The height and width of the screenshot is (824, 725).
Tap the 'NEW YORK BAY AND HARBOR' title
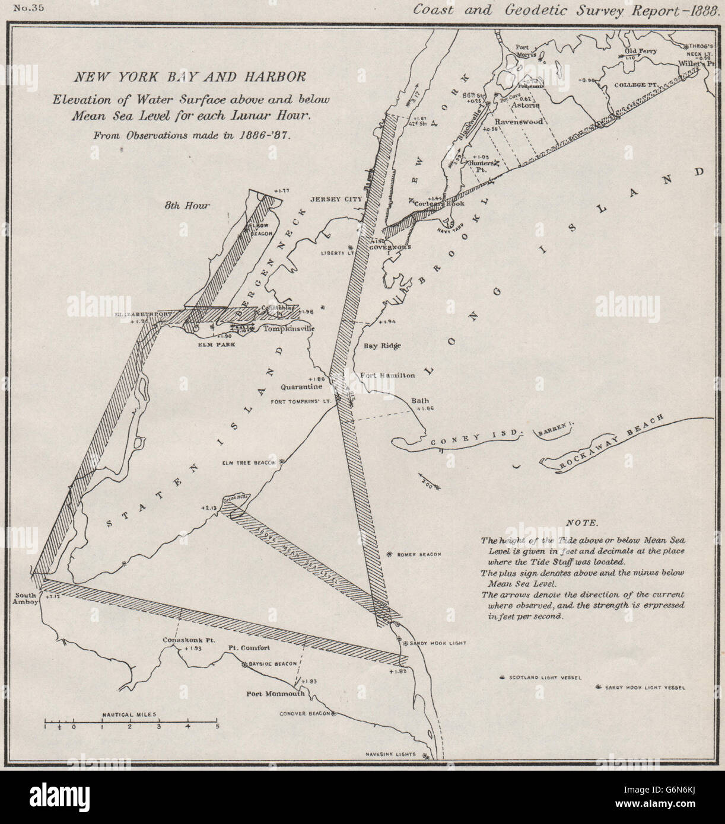click(x=189, y=76)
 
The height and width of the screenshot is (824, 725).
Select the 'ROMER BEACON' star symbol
click(x=389, y=554)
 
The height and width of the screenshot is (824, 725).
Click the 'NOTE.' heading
click(x=582, y=523)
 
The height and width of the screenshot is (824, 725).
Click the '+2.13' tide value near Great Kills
click(x=211, y=508)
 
